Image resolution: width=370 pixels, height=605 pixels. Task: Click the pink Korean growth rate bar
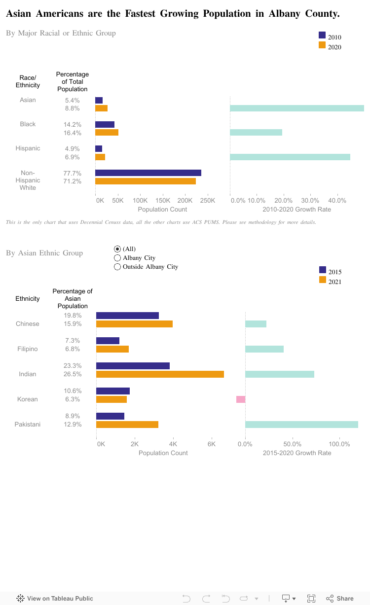[x=241, y=399]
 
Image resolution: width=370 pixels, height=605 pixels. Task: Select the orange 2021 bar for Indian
[x=160, y=374]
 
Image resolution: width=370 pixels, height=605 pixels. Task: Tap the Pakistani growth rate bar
[x=301, y=425]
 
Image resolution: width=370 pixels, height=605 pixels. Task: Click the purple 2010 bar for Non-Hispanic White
[x=148, y=173]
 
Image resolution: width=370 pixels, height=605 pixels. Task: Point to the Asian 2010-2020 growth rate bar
[x=296, y=108]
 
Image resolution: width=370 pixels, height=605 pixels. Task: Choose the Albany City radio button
[x=117, y=258]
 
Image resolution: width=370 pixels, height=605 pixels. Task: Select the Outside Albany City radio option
[x=117, y=267]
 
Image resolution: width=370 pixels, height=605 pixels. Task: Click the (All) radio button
[x=117, y=249]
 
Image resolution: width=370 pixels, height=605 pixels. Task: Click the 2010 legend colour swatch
[x=322, y=36]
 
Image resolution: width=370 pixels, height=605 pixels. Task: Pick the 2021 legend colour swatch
[x=323, y=280]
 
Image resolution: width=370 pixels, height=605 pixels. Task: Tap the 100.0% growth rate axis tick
[x=339, y=444]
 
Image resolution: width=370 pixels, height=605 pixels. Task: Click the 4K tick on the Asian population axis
[x=173, y=444]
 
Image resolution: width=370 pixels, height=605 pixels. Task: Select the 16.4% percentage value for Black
[x=72, y=133]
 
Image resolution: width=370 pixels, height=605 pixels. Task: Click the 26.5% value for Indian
[x=73, y=374]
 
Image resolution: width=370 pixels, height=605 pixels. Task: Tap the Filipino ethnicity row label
[x=28, y=349]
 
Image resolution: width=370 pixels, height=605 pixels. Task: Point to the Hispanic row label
[x=28, y=148]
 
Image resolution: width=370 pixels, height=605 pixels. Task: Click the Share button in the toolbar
[x=340, y=599]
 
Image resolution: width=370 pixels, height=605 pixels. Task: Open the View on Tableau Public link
[x=55, y=599]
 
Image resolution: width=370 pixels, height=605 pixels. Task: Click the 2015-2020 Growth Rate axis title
[x=296, y=453]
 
